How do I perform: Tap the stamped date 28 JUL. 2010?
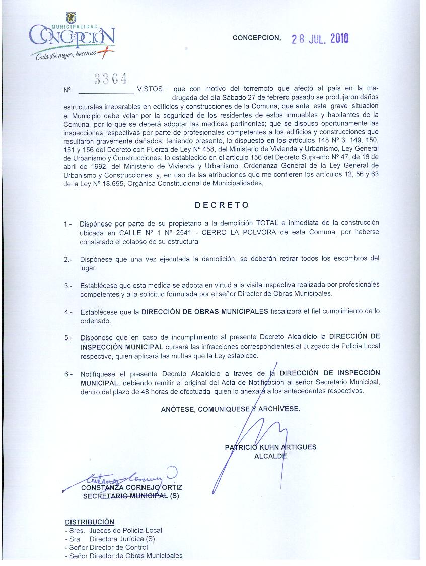coord(320,39)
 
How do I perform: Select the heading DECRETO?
coord(222,205)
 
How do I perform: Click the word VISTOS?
coord(150,89)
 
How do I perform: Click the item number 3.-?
coord(68,286)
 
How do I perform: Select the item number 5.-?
coord(68,337)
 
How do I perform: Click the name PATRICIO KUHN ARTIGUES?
coord(271,447)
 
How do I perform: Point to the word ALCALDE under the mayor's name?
coord(271,456)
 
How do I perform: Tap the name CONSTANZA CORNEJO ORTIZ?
coord(132,488)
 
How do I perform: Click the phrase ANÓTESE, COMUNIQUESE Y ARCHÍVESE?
coord(230,409)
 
